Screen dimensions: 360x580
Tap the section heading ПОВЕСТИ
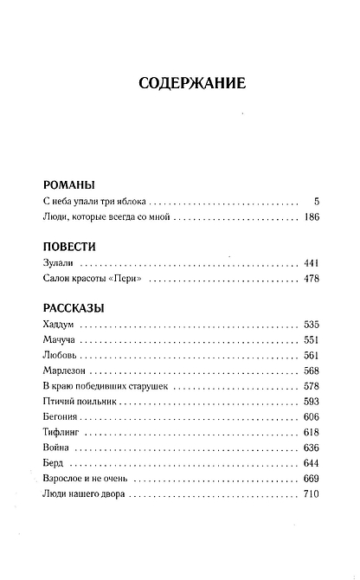tap(68, 246)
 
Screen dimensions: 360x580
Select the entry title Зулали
tap(59, 262)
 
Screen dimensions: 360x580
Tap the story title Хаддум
tap(61, 324)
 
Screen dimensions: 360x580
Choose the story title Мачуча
tap(61, 339)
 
